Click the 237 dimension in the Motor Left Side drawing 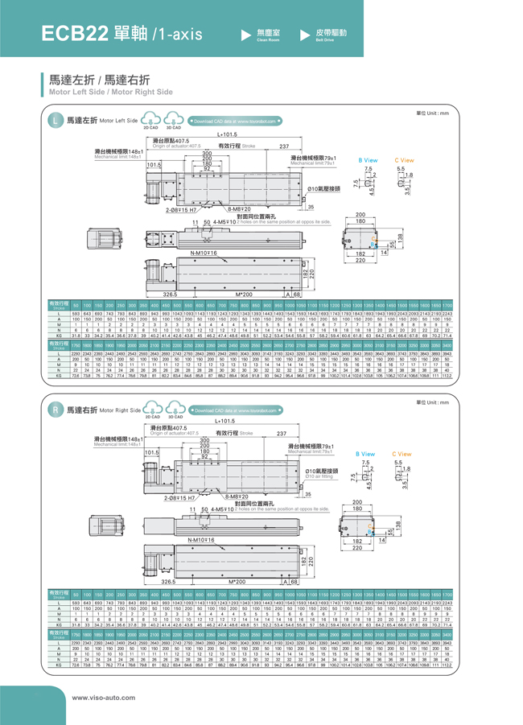point(284,146)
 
